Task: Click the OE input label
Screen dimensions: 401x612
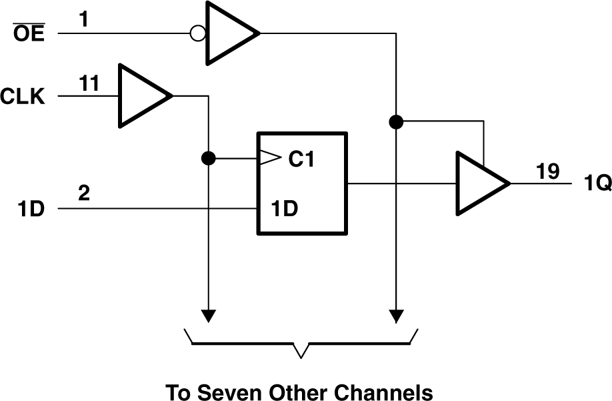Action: point(29,33)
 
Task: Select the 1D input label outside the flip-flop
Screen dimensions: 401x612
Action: point(31,209)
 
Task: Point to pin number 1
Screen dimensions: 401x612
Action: point(83,20)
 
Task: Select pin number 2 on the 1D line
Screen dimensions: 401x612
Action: point(83,194)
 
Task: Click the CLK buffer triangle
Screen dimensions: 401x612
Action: point(141,96)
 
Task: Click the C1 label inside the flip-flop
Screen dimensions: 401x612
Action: point(301,159)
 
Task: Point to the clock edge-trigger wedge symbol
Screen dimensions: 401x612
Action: point(268,159)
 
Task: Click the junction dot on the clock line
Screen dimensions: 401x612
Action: point(209,159)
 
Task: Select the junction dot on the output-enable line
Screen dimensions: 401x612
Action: point(397,121)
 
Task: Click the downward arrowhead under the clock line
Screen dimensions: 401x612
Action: point(209,314)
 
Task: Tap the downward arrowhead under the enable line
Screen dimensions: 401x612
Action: point(397,314)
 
